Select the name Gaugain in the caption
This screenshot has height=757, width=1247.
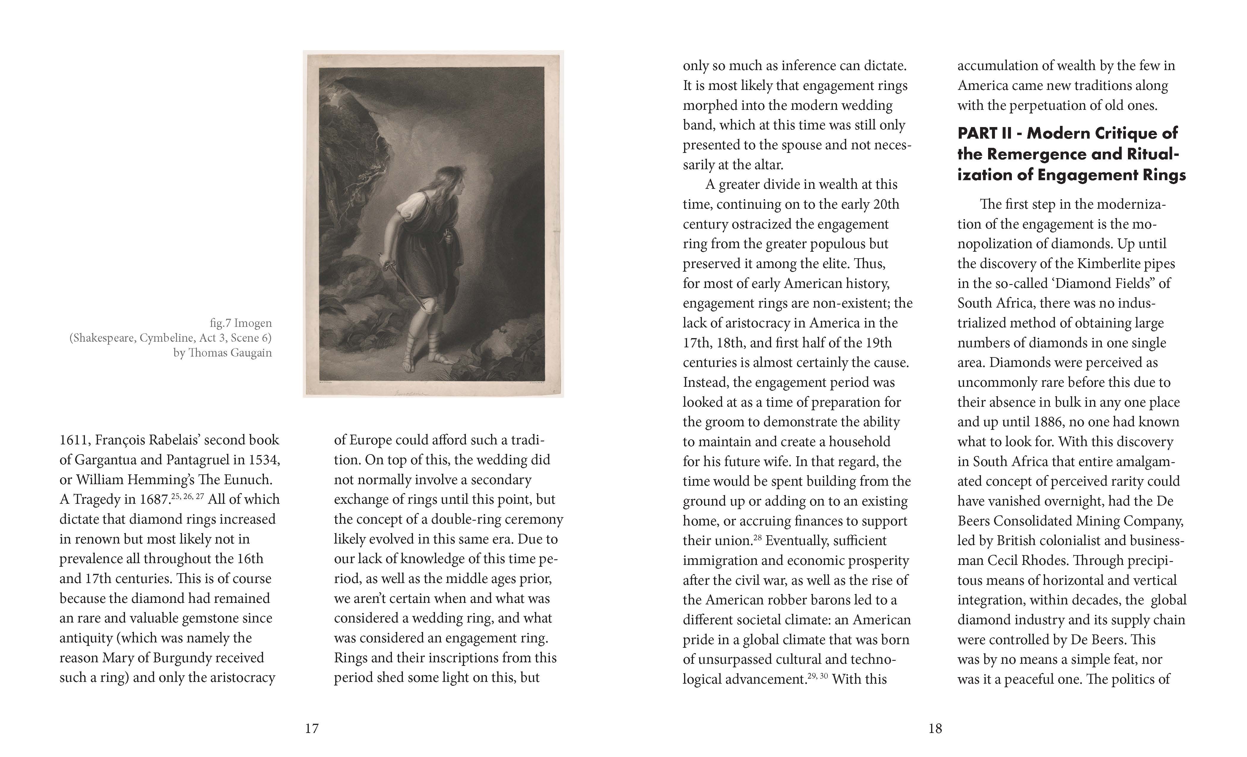coord(251,353)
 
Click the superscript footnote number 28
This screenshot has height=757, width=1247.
coord(757,537)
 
